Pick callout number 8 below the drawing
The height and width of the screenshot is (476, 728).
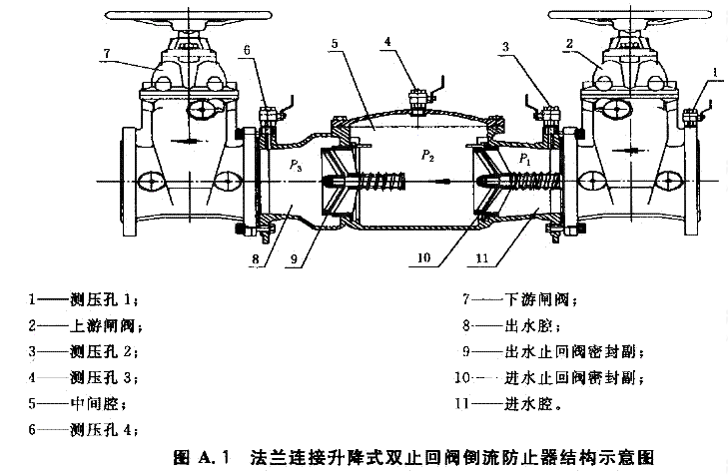pos(256,262)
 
